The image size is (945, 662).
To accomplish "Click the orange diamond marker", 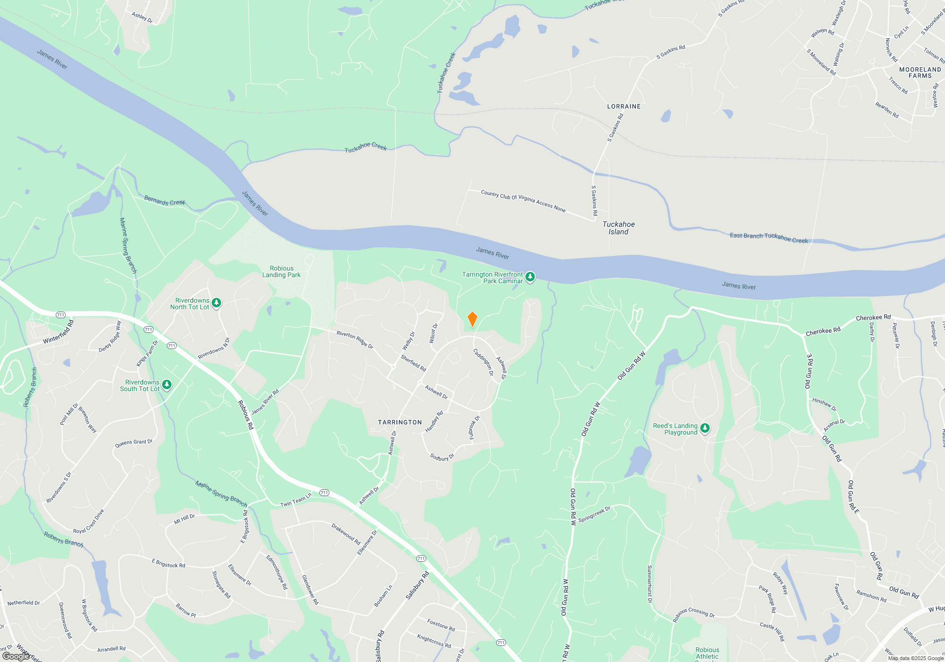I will point(472,319).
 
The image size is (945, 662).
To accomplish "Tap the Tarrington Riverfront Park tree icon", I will point(530,277).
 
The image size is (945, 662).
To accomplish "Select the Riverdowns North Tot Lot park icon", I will point(216,303).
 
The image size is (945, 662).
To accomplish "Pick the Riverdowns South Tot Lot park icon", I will point(167,385).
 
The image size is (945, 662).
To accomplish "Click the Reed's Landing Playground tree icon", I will point(705,428).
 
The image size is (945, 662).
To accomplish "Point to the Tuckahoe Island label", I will point(619,228).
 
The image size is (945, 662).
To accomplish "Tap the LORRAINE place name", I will point(624,106).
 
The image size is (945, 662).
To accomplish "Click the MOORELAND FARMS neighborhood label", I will point(920,72).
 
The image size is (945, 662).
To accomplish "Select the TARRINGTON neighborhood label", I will point(400,422).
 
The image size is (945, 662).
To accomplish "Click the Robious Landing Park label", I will point(282,271).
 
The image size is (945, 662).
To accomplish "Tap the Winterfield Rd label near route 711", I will point(59,332).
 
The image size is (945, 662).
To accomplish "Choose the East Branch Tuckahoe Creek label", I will point(769,238).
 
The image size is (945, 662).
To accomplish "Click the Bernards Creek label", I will point(164,200).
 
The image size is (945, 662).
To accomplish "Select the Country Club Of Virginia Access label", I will point(523,201).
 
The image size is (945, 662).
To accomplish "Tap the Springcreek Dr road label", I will point(594,514).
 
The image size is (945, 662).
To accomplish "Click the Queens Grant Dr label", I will point(134,443).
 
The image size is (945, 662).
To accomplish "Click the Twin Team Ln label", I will point(296,500).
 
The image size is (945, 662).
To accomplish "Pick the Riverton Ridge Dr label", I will point(355,340).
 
